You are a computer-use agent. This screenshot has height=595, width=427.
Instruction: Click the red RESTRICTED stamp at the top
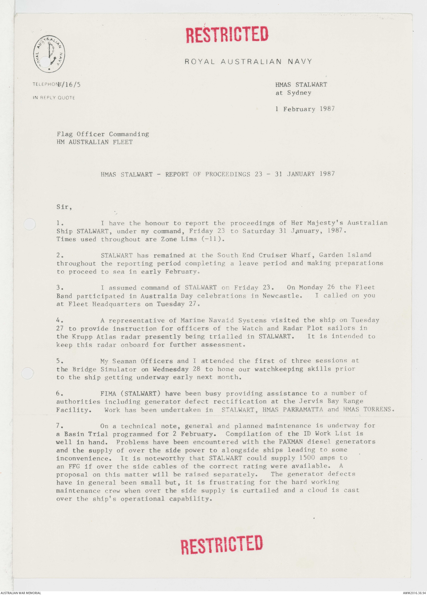pos(227,34)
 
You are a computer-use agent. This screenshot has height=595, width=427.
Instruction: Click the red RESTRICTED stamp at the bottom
pos(222,544)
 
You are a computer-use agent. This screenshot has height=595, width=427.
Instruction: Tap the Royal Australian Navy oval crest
pos(49,54)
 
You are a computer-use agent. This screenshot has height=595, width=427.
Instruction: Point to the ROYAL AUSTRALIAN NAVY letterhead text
pos(248,61)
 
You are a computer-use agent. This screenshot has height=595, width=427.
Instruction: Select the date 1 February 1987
pos(305,109)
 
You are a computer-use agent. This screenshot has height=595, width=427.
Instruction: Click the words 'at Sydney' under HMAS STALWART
pos(293,93)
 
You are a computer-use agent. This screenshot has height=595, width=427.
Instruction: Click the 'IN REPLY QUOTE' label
pos(54,98)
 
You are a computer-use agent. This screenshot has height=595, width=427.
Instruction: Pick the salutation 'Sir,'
pos(64,207)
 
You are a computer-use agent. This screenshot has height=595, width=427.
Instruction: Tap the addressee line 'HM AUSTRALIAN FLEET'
pos(95,142)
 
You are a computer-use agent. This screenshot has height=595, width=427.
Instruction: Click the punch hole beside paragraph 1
pos(29,224)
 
